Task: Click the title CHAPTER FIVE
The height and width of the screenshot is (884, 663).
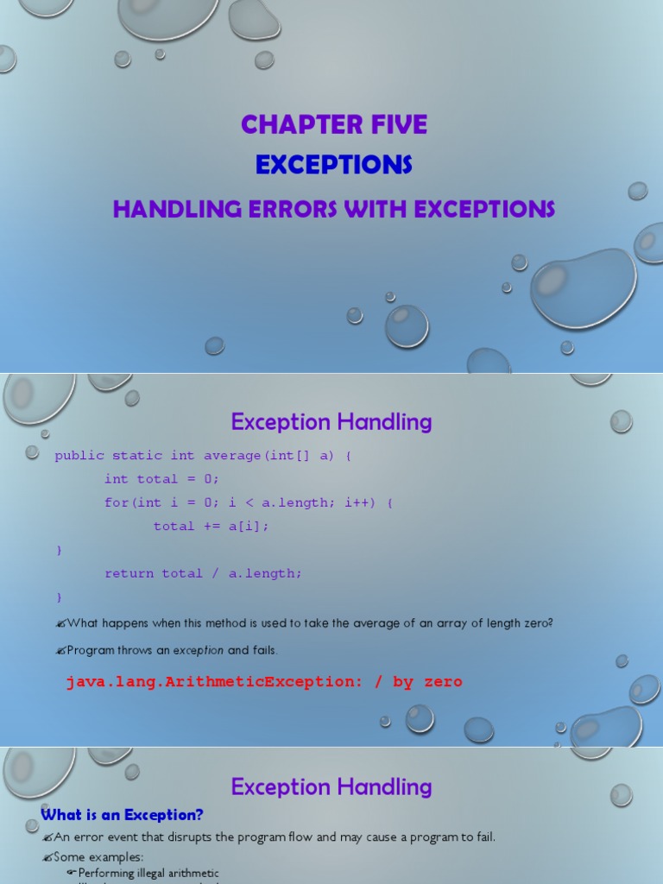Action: pos(334,124)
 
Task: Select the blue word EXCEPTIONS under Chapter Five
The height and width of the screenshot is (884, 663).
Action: pos(334,164)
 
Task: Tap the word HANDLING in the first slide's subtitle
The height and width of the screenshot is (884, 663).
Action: pos(170,209)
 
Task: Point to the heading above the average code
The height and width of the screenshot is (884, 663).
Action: pos(331,422)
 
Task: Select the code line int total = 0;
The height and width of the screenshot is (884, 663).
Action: pos(162,478)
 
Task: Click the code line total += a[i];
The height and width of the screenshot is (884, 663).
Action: pos(212,526)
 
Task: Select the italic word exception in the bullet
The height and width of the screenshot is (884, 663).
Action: pos(199,650)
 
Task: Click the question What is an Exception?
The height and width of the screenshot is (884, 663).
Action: pos(122,815)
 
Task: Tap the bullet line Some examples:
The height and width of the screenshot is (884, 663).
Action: pos(98,857)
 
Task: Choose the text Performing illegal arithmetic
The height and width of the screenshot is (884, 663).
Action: pos(148,874)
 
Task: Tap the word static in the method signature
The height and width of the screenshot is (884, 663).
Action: pos(137,455)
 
